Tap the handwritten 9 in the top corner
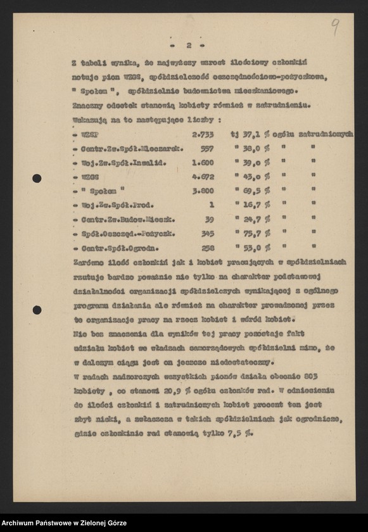coord(335,27)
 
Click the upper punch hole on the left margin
coord(37,178)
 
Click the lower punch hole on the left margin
coord(37,310)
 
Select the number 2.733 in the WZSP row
coord(202,134)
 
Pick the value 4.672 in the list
coord(202,176)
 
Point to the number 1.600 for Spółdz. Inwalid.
coord(202,162)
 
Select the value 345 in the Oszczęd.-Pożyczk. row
coord(206,233)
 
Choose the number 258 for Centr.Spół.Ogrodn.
coord(206,247)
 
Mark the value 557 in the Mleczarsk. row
coord(206,148)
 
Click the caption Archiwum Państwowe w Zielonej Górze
coord(64,523)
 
